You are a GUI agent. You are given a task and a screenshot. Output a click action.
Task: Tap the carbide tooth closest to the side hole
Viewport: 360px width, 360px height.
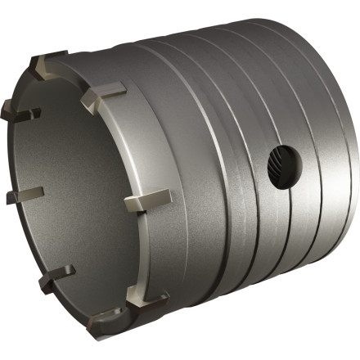point(147,199)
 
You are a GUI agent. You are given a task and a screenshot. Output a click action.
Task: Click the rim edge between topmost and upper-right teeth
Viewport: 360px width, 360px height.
point(78,69)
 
